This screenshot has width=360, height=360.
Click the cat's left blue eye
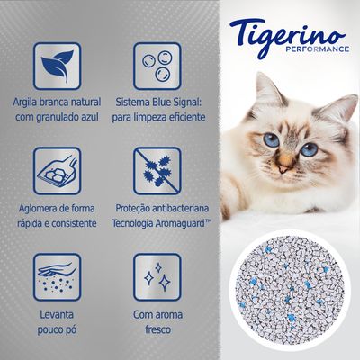coord(272,141)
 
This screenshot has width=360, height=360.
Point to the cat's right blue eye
coord(310,149)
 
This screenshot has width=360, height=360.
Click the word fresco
coord(157,328)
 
